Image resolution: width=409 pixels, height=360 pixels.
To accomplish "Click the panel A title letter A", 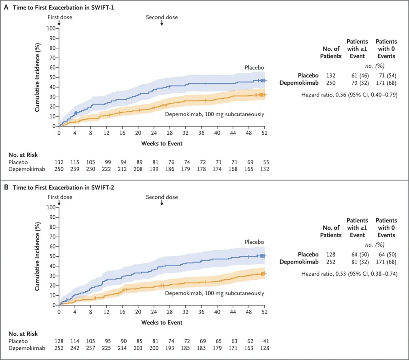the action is tap(6, 7).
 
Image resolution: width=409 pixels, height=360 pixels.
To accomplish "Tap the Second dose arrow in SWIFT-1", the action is tap(162, 23).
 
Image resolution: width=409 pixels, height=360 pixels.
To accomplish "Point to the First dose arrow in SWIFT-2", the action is tap(59, 203).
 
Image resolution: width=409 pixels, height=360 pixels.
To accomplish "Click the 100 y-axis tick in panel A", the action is tap(51, 28).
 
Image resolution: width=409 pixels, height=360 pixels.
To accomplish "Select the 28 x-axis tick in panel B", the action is tap(170, 312).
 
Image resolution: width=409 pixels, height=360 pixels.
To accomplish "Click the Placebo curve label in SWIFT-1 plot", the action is tap(254, 67).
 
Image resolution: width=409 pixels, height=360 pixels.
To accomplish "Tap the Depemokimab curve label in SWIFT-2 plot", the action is tap(214, 293).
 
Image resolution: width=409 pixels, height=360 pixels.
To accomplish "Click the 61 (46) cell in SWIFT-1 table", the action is tap(360, 76).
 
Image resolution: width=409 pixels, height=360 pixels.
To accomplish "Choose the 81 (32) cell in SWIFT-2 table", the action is tap(360, 262).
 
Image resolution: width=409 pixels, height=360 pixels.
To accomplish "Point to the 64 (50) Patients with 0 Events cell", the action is tap(388, 254).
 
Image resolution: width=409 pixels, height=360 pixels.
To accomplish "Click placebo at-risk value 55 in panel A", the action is tap(266, 162).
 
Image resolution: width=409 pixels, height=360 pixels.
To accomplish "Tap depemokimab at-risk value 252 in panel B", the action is tap(59, 348).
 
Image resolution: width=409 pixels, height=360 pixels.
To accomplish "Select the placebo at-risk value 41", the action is tap(266, 341).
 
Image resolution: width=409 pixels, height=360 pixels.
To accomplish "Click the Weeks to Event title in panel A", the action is tap(162, 143).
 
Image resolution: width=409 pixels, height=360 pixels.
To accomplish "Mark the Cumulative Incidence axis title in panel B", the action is tap(37, 257).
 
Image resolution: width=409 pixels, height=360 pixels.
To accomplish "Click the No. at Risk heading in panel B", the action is tap(23, 334).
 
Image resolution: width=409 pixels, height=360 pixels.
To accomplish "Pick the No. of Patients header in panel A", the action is tap(331, 52).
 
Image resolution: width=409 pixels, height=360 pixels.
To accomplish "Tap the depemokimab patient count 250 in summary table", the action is tap(331, 83).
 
